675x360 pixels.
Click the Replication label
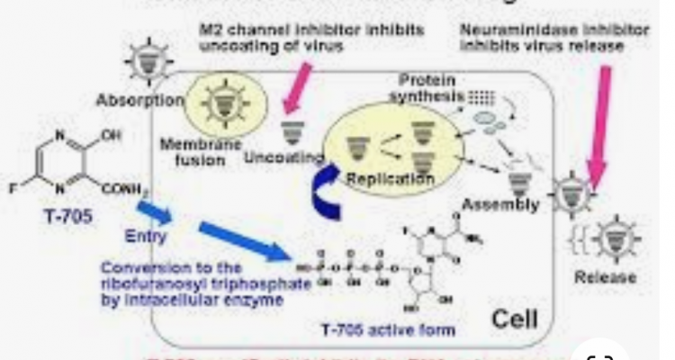point(391,179)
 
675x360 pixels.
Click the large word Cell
point(514,318)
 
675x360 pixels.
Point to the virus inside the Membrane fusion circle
point(216,104)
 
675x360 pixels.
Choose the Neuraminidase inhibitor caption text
point(553,37)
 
